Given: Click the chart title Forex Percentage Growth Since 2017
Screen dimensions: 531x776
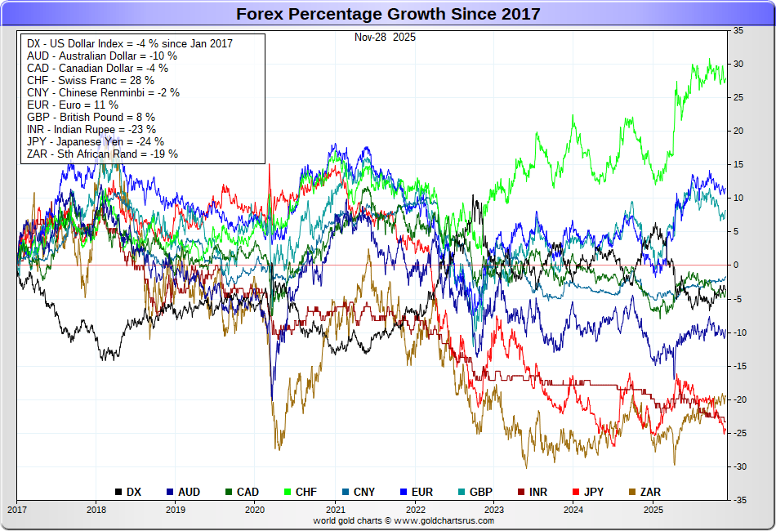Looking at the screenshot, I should point(388,14).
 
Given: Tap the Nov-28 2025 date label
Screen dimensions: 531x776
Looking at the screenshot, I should point(385,37).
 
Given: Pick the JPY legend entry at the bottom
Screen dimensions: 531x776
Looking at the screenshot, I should point(590,492).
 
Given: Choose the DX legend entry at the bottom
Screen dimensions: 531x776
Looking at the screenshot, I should point(128,492).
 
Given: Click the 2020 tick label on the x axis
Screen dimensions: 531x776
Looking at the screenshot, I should point(255,510).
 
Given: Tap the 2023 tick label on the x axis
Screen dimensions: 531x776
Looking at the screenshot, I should point(493,510).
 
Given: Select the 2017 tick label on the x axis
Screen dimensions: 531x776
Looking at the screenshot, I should point(16,510).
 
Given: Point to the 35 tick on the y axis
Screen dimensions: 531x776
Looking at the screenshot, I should point(738,30).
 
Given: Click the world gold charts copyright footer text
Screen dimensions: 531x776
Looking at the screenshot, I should point(404,520).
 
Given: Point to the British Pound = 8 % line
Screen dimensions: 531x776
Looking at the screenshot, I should point(91,117).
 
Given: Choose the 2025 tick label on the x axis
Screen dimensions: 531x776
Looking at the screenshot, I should point(653,510).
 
